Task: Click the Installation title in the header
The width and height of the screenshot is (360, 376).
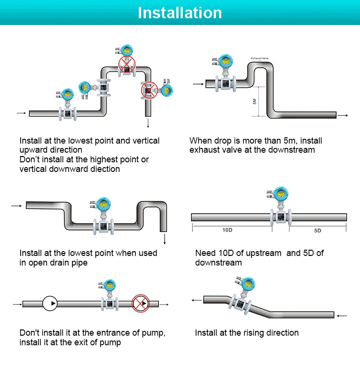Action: coord(180,12)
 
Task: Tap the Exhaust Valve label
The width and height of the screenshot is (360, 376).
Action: coord(259,59)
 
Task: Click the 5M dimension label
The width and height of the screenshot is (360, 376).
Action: coord(254,102)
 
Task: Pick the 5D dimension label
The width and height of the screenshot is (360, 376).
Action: coord(317,230)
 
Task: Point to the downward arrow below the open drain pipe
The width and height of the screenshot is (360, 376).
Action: coord(164,239)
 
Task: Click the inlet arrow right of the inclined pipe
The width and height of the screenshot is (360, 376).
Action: coord(342,316)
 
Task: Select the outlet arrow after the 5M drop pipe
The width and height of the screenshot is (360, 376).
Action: coord(343,115)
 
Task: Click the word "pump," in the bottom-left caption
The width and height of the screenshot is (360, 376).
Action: coord(153,333)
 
